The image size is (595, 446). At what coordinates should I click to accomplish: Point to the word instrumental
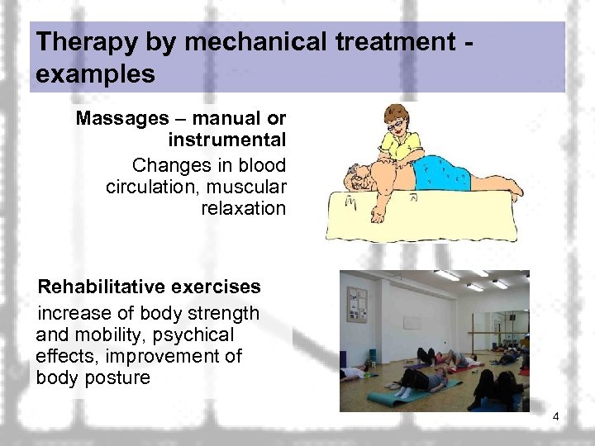pyautogui.click(x=227, y=140)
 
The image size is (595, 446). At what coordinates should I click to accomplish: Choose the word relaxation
pyautogui.click(x=243, y=208)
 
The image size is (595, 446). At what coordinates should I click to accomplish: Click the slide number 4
pyautogui.click(x=556, y=417)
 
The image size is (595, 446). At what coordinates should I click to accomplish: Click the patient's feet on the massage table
pyautogui.click(x=512, y=191)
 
